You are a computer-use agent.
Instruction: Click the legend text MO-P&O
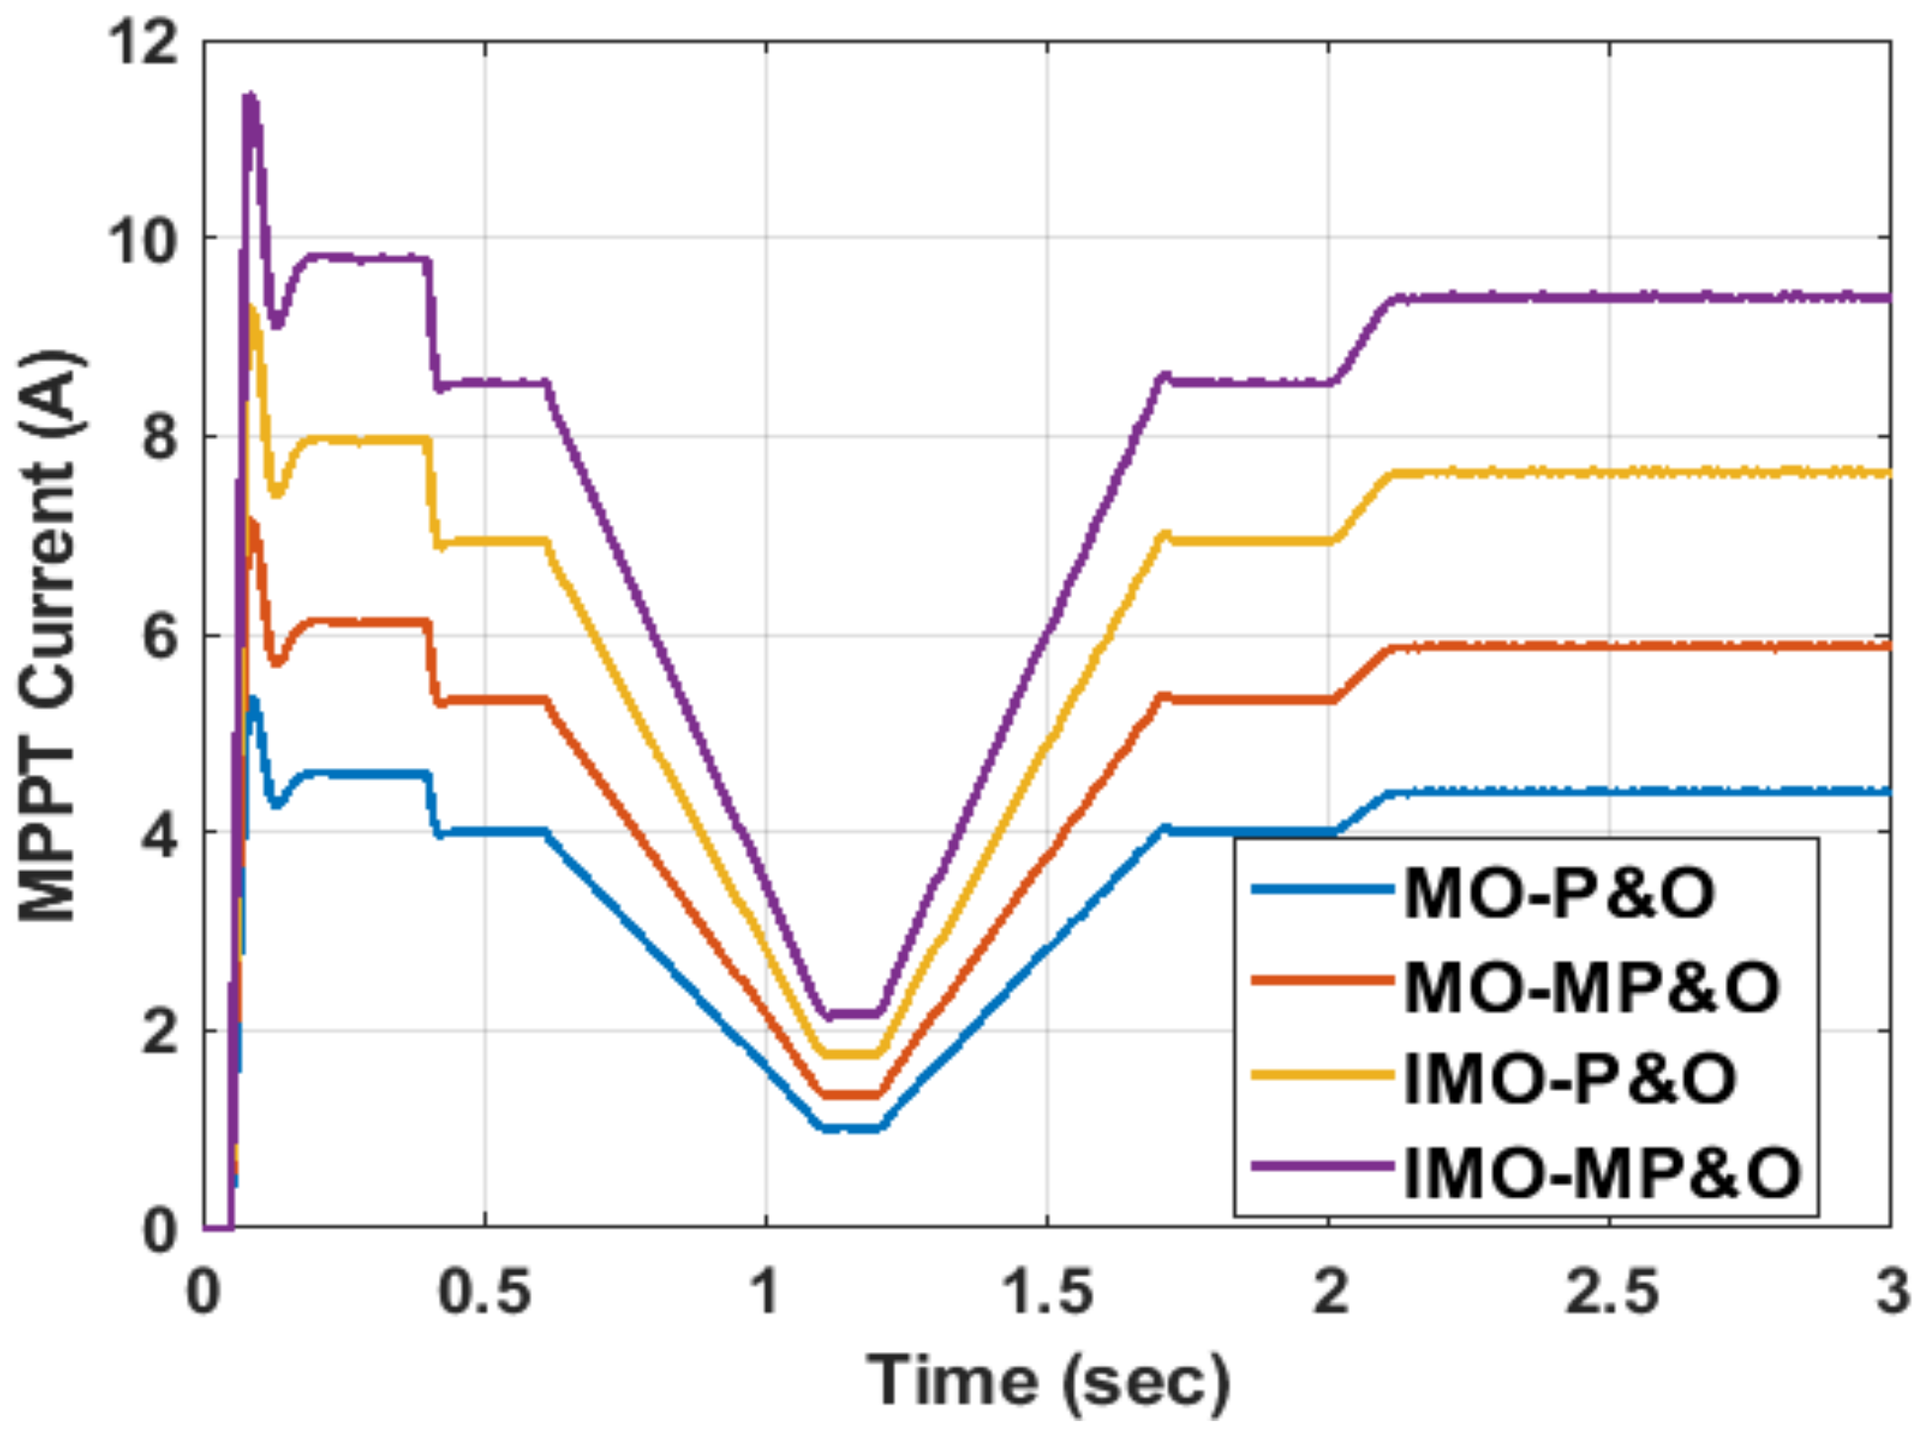[x=1559, y=893]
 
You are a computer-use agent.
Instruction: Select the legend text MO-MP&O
[x=1591, y=986]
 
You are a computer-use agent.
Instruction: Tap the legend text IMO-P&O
[x=1569, y=1077]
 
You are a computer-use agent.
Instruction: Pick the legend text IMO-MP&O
[x=1601, y=1172]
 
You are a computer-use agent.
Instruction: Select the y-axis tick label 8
[x=160, y=437]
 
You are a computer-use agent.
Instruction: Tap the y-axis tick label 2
[x=160, y=1032]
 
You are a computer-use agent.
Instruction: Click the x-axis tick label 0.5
[x=484, y=1291]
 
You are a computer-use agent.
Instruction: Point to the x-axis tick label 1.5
[x=1047, y=1291]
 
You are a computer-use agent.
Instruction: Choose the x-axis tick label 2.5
[x=1611, y=1291]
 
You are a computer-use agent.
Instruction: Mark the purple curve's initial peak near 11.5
[x=251, y=98]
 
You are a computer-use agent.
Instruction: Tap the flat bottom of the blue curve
[x=850, y=1128]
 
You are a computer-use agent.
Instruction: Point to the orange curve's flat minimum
[x=850, y=1094]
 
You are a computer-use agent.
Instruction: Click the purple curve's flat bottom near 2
[x=850, y=1014]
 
